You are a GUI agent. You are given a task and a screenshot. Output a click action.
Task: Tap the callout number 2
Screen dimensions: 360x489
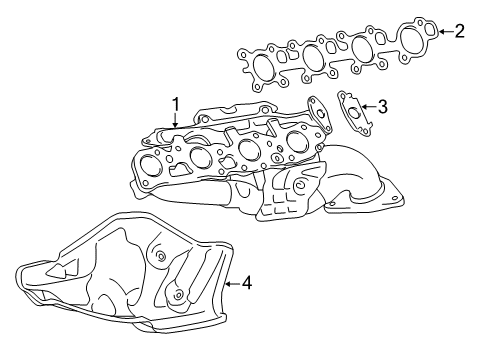pos(459,31)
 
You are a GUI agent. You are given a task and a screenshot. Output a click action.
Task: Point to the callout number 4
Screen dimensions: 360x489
pos(246,283)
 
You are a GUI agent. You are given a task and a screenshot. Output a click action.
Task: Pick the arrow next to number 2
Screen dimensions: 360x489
pos(443,31)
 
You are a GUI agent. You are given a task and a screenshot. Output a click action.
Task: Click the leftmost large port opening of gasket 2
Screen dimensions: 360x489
pos(263,68)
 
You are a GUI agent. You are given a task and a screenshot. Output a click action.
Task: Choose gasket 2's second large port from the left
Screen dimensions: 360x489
pos(312,57)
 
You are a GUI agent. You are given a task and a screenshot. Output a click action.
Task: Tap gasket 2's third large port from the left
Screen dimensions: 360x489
pos(362,47)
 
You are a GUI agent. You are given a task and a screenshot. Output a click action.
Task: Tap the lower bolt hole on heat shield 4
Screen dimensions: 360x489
pos(176,295)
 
